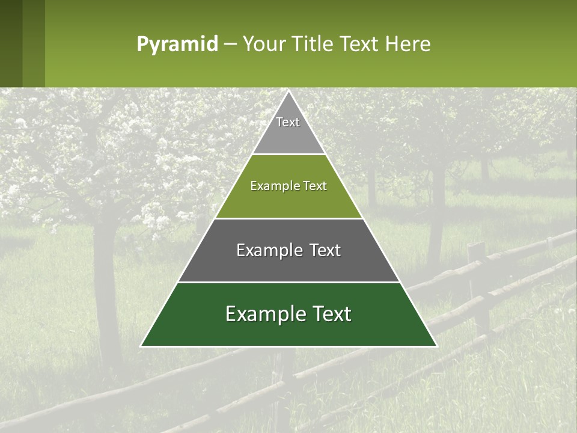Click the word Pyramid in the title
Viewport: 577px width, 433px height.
click(x=177, y=45)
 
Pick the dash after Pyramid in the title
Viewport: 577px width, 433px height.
click(x=230, y=45)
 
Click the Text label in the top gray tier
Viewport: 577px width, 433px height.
click(x=288, y=122)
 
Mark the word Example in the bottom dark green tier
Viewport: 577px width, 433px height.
click(x=261, y=314)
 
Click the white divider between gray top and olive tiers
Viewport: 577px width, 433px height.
click(x=288, y=154)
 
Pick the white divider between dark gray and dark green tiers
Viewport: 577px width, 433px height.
click(x=288, y=282)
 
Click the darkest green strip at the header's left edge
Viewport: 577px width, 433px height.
click(x=11, y=43)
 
